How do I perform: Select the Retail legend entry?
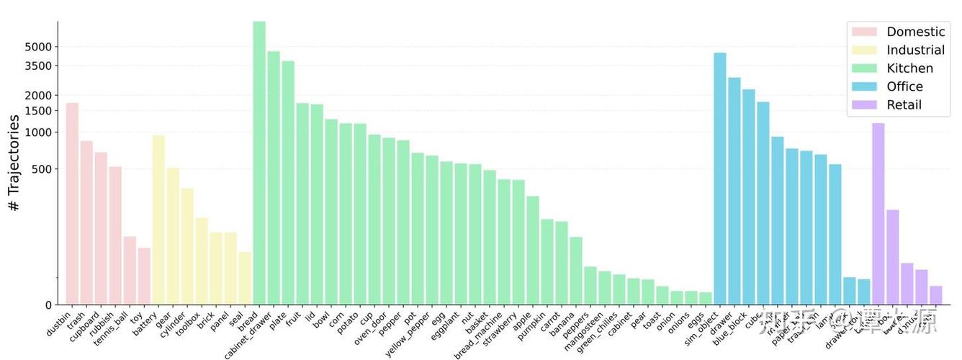click(x=904, y=105)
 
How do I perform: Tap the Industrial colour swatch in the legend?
click(x=864, y=50)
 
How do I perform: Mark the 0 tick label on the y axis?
click(x=48, y=305)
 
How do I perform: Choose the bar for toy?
click(x=144, y=276)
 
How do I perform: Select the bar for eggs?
click(x=706, y=298)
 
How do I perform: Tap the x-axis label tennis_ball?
click(x=112, y=327)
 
